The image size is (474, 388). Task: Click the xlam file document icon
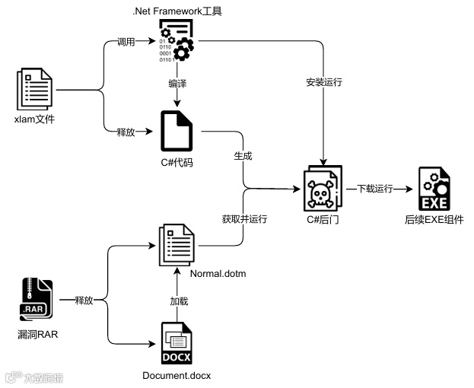pyautogui.click(x=36, y=90)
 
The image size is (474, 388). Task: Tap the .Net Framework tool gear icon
pyautogui.click(x=176, y=40)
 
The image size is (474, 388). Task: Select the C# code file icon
pyautogui.click(x=177, y=131)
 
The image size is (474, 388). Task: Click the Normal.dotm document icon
pyautogui.click(x=177, y=243)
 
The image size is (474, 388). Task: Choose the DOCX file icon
pyautogui.click(x=177, y=344)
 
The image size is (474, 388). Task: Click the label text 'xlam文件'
pyautogui.click(x=35, y=119)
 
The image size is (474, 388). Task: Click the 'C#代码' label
pyautogui.click(x=177, y=162)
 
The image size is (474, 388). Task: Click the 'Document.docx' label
pyautogui.click(x=177, y=376)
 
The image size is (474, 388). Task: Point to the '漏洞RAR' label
pyautogui.click(x=37, y=334)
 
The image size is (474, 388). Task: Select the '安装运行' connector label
pyautogui.click(x=324, y=82)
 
